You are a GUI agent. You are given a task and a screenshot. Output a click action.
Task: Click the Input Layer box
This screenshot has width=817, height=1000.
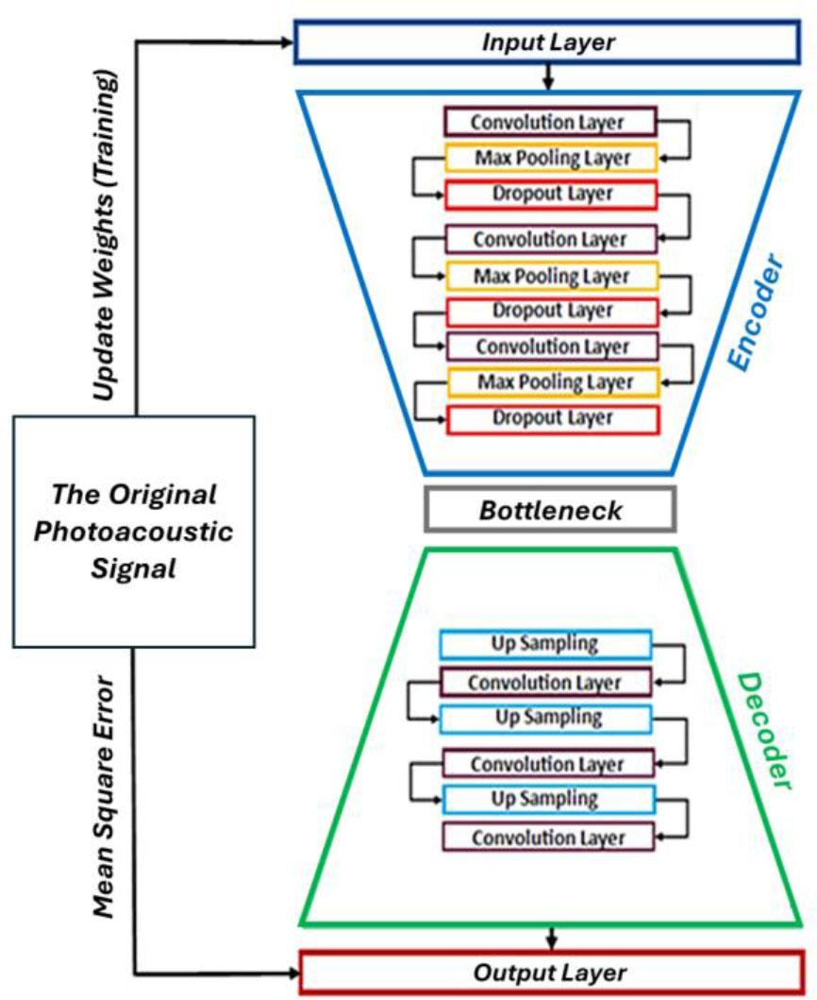tap(548, 43)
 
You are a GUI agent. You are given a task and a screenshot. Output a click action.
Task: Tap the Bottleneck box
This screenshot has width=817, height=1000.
tap(550, 511)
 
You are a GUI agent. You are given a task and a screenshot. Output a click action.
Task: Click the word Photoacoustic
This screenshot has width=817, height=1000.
tap(133, 532)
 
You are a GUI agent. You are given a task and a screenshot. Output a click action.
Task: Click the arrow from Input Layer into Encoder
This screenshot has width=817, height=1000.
tap(548, 77)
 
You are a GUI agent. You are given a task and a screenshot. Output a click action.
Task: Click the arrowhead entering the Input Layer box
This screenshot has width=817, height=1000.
tap(288, 42)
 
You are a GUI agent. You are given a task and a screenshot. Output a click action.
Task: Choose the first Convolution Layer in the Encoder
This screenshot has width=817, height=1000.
tap(549, 123)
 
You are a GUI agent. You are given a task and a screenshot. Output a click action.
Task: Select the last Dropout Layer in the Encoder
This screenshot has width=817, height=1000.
tap(551, 418)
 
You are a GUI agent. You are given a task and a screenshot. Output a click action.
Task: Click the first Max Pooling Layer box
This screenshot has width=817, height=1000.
tap(551, 158)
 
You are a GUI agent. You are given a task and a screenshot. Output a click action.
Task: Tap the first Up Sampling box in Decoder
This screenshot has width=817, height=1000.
tap(545, 645)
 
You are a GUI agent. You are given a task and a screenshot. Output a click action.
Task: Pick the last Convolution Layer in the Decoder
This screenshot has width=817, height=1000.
tap(547, 837)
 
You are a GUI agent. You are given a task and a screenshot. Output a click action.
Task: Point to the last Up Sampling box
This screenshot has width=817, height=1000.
tap(547, 799)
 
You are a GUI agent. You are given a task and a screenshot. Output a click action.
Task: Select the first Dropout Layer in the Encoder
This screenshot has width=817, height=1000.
tap(551, 195)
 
